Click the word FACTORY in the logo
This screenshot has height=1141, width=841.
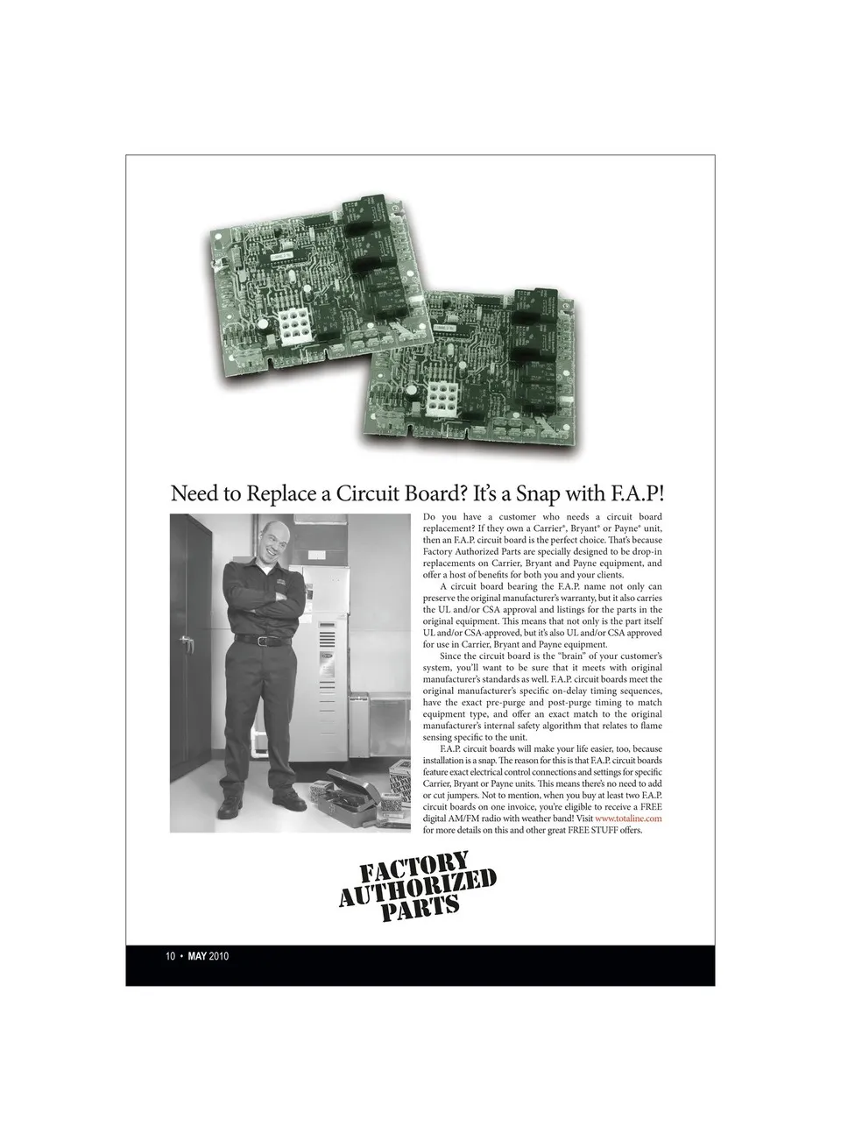[415, 869]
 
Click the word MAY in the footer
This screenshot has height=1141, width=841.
[196, 956]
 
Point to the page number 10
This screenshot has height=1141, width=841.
[171, 956]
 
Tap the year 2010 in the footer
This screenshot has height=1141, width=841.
[219, 956]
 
